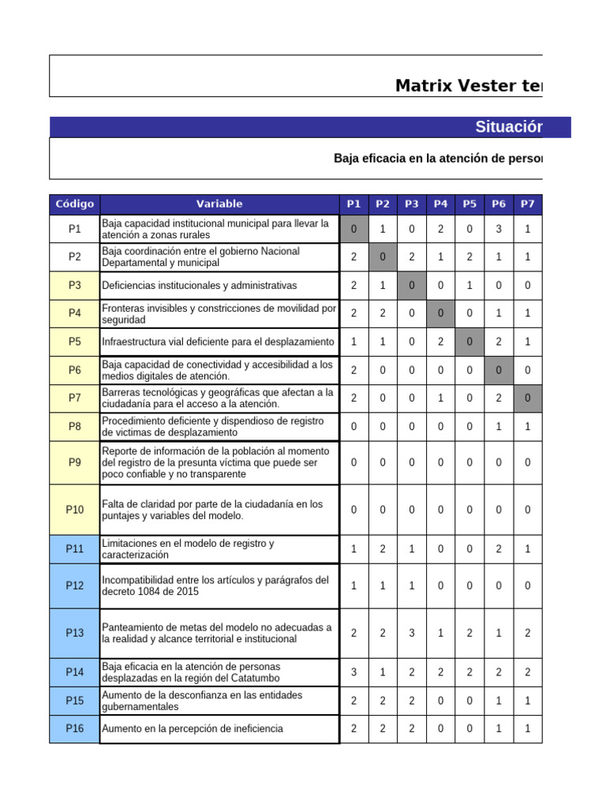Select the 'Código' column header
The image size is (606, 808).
coord(75,204)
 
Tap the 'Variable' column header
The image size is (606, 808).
coord(219,204)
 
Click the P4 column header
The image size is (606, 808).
coord(440,204)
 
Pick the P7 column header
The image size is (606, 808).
coord(527,204)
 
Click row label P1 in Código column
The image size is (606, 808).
coord(75,230)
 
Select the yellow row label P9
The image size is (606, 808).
coord(75,462)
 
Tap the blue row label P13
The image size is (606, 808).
coord(75,633)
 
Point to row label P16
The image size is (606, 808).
coord(75,729)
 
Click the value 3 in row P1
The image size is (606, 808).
coord(499,230)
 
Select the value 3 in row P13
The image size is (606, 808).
coord(412,633)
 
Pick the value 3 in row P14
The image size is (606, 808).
coord(353,672)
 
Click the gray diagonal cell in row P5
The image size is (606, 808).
coord(469,342)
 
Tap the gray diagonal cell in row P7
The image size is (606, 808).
coord(527,398)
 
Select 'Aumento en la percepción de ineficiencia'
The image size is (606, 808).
coord(193,729)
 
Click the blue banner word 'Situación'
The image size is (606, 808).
coord(509,128)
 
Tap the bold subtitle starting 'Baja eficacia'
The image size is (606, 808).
coord(438,159)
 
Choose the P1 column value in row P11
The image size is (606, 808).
coord(353,549)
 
